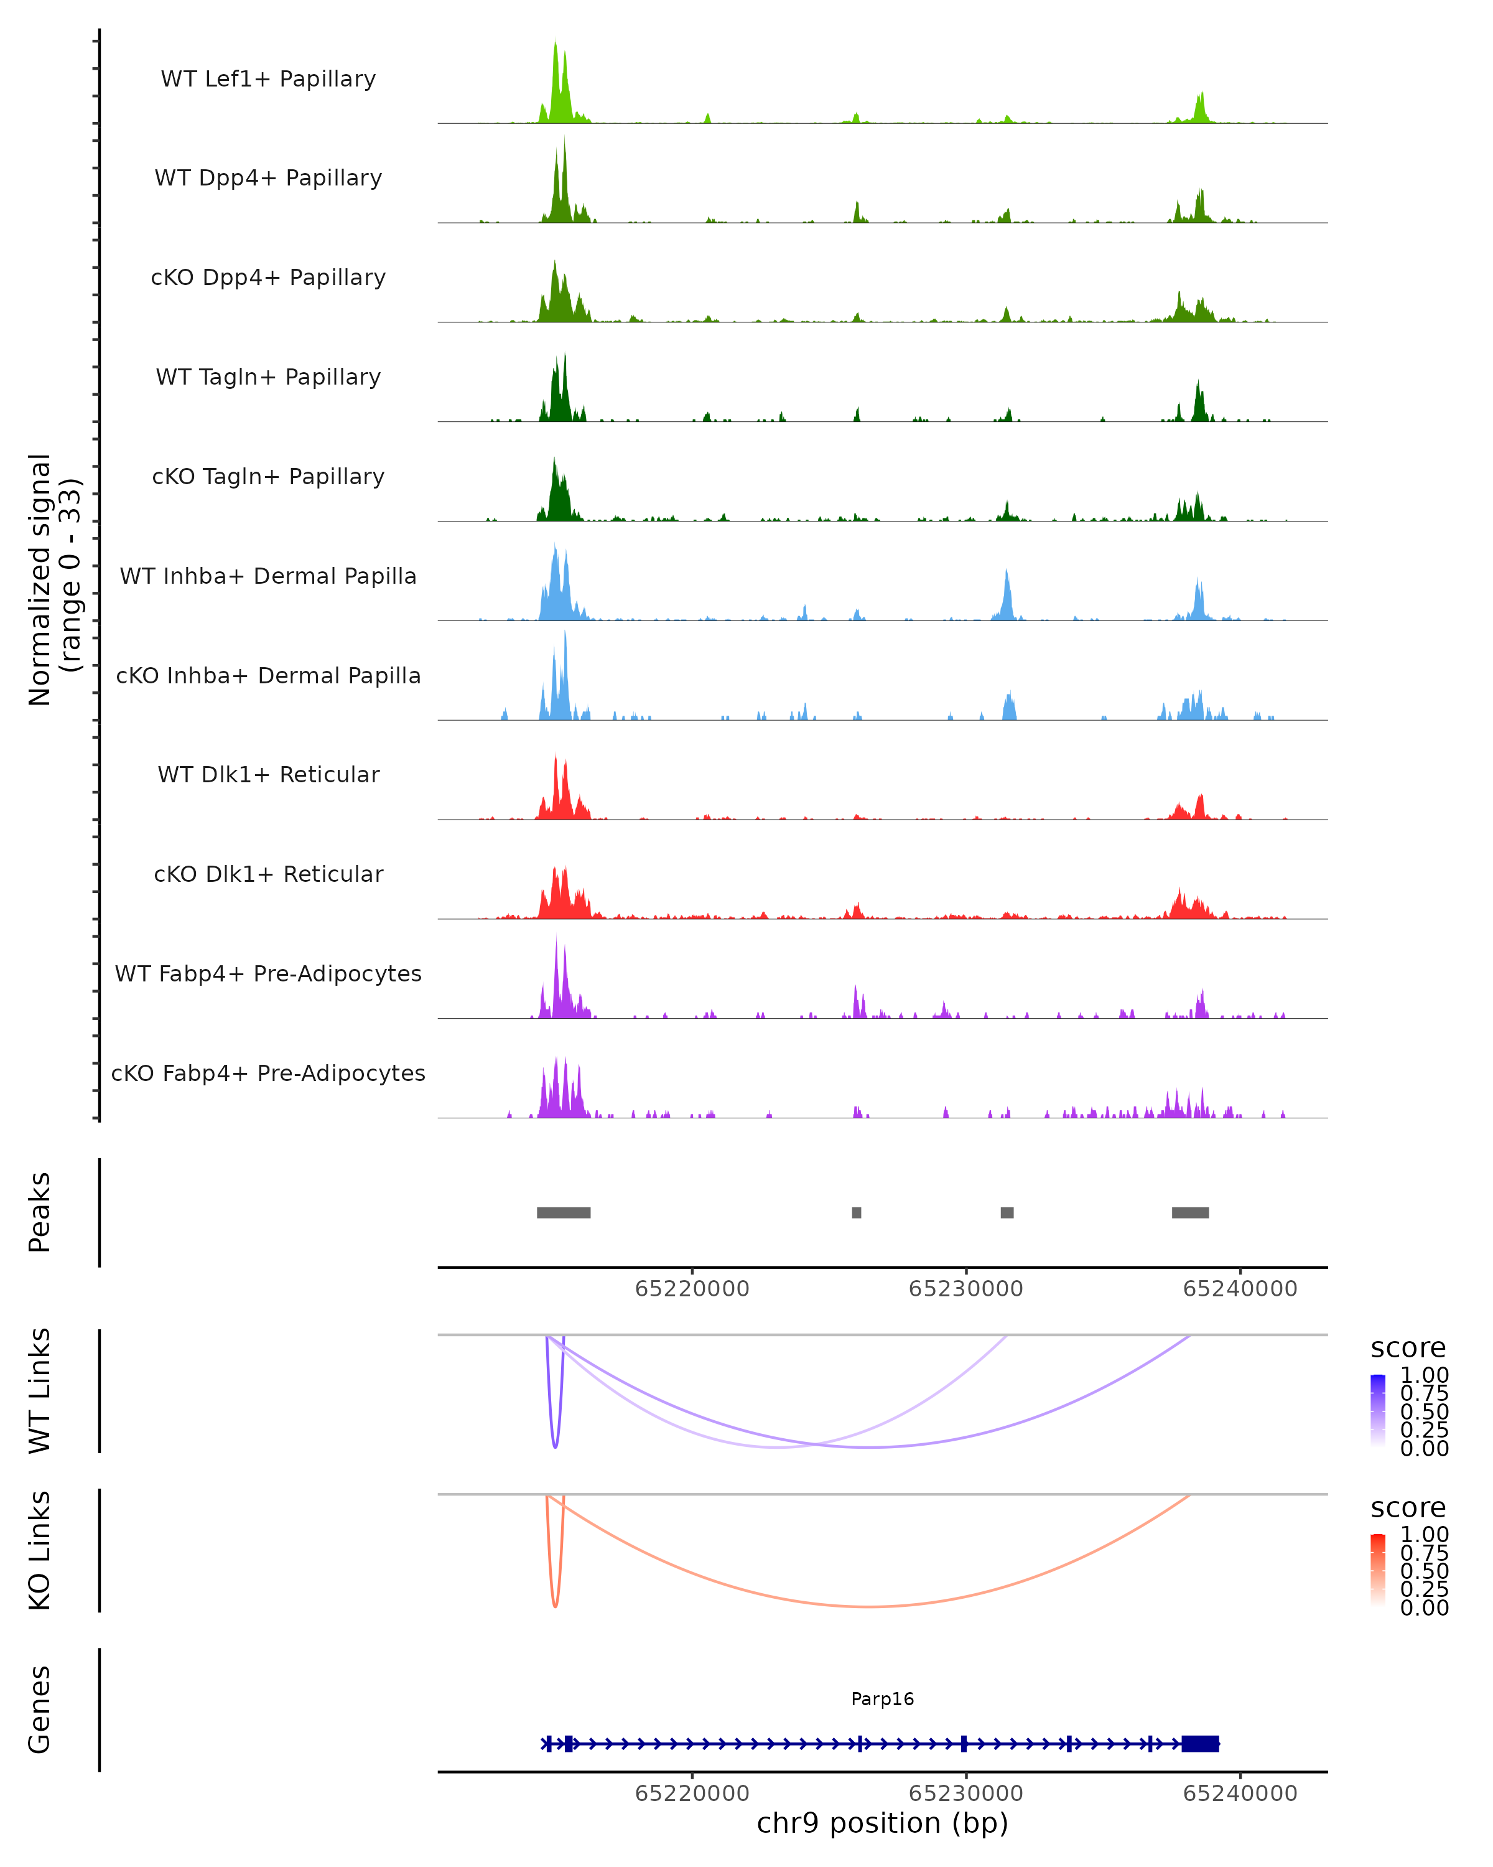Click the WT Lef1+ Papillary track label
(268, 79)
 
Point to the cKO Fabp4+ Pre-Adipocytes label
(268, 1073)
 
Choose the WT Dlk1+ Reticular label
(268, 774)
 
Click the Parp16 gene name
(882, 1699)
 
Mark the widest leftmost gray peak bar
(564, 1212)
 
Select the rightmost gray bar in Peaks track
(1190, 1212)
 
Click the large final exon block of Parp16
(1201, 1744)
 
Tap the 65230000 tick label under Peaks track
(966, 1289)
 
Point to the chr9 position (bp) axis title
(882, 1823)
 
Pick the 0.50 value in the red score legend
(1425, 1571)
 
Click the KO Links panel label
(40, 1550)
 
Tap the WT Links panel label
(40, 1390)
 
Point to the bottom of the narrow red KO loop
(555, 1606)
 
